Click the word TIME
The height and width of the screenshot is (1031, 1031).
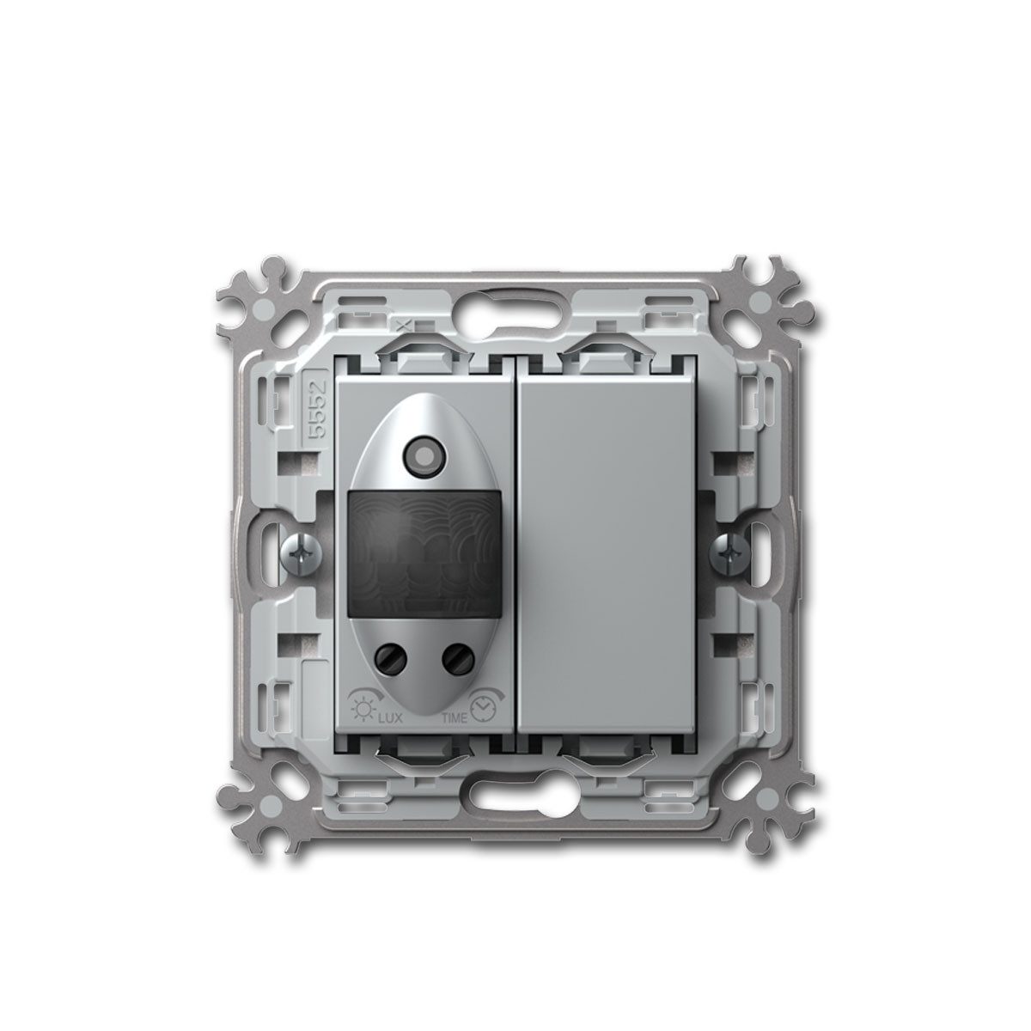point(454,718)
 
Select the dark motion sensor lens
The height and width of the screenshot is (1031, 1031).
point(424,554)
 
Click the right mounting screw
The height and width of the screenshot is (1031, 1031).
point(729,555)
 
